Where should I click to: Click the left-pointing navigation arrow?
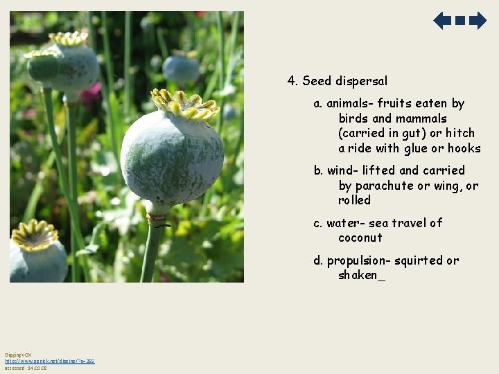point(442,21)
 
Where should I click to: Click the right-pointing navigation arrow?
point(478,21)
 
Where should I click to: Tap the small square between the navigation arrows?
point(460,21)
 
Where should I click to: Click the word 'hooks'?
point(464,148)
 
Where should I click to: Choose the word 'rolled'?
point(355,200)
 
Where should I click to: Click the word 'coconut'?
point(360,238)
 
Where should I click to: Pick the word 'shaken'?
point(358,276)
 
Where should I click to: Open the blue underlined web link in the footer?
point(50,361)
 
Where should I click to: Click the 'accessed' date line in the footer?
point(26,368)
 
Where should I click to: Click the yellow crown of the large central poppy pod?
point(184,105)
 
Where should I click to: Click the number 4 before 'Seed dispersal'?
point(292,81)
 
